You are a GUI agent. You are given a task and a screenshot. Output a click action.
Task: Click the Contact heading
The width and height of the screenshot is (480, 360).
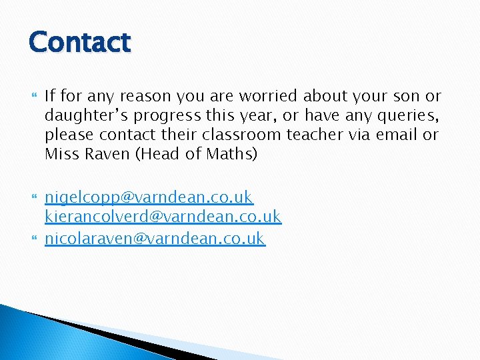[79, 42]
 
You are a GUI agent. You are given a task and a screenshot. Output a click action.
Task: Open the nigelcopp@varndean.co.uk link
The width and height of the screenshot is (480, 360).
[149, 197]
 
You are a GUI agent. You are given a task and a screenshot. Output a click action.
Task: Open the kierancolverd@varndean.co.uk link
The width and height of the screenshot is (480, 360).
[163, 217]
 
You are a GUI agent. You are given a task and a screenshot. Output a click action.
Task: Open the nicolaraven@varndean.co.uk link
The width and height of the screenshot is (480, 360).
[155, 238]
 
